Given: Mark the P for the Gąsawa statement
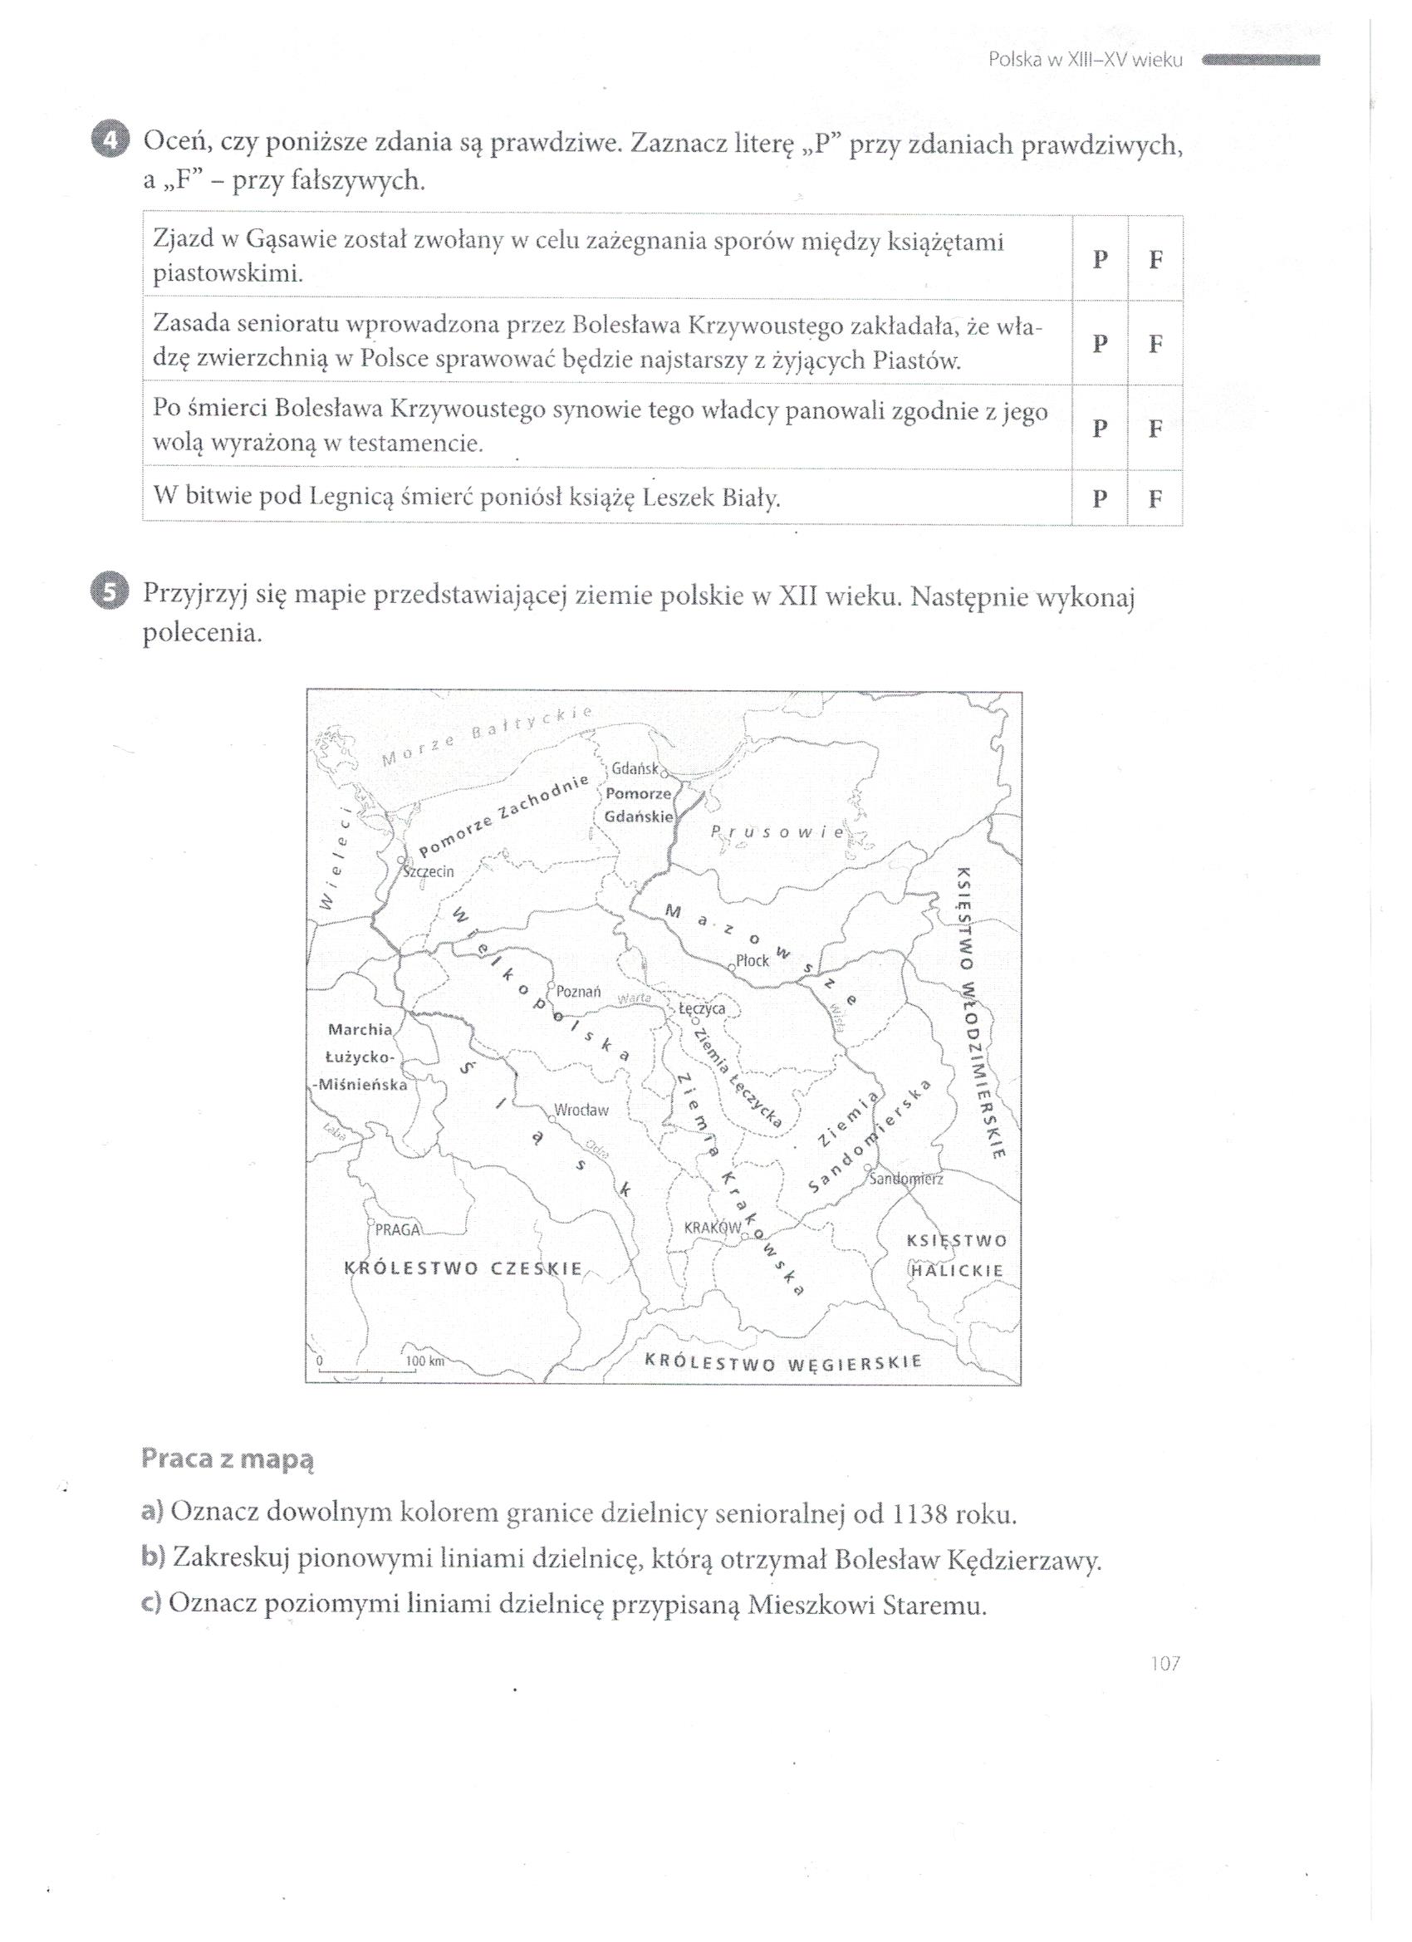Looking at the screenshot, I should [1101, 259].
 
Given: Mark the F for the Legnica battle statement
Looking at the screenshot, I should [1155, 498].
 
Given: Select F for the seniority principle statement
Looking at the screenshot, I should [1155, 343].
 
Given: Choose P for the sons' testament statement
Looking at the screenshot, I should [1101, 427].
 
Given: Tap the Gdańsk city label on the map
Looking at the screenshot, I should [635, 768].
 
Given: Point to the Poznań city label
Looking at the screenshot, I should [578, 992].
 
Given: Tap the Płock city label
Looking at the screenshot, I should [753, 961].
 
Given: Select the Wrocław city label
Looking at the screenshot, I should [581, 1111].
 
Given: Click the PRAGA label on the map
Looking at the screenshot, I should [398, 1230].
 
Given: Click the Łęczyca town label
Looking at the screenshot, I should [702, 1008].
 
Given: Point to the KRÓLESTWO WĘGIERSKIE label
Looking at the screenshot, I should [782, 1361].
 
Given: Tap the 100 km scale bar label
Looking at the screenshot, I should [425, 1361].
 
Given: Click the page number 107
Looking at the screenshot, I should [1165, 1687].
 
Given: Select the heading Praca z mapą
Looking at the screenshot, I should [228, 1459].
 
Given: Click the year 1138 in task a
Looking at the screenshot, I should [920, 1515].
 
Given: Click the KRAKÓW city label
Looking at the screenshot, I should [712, 1228].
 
